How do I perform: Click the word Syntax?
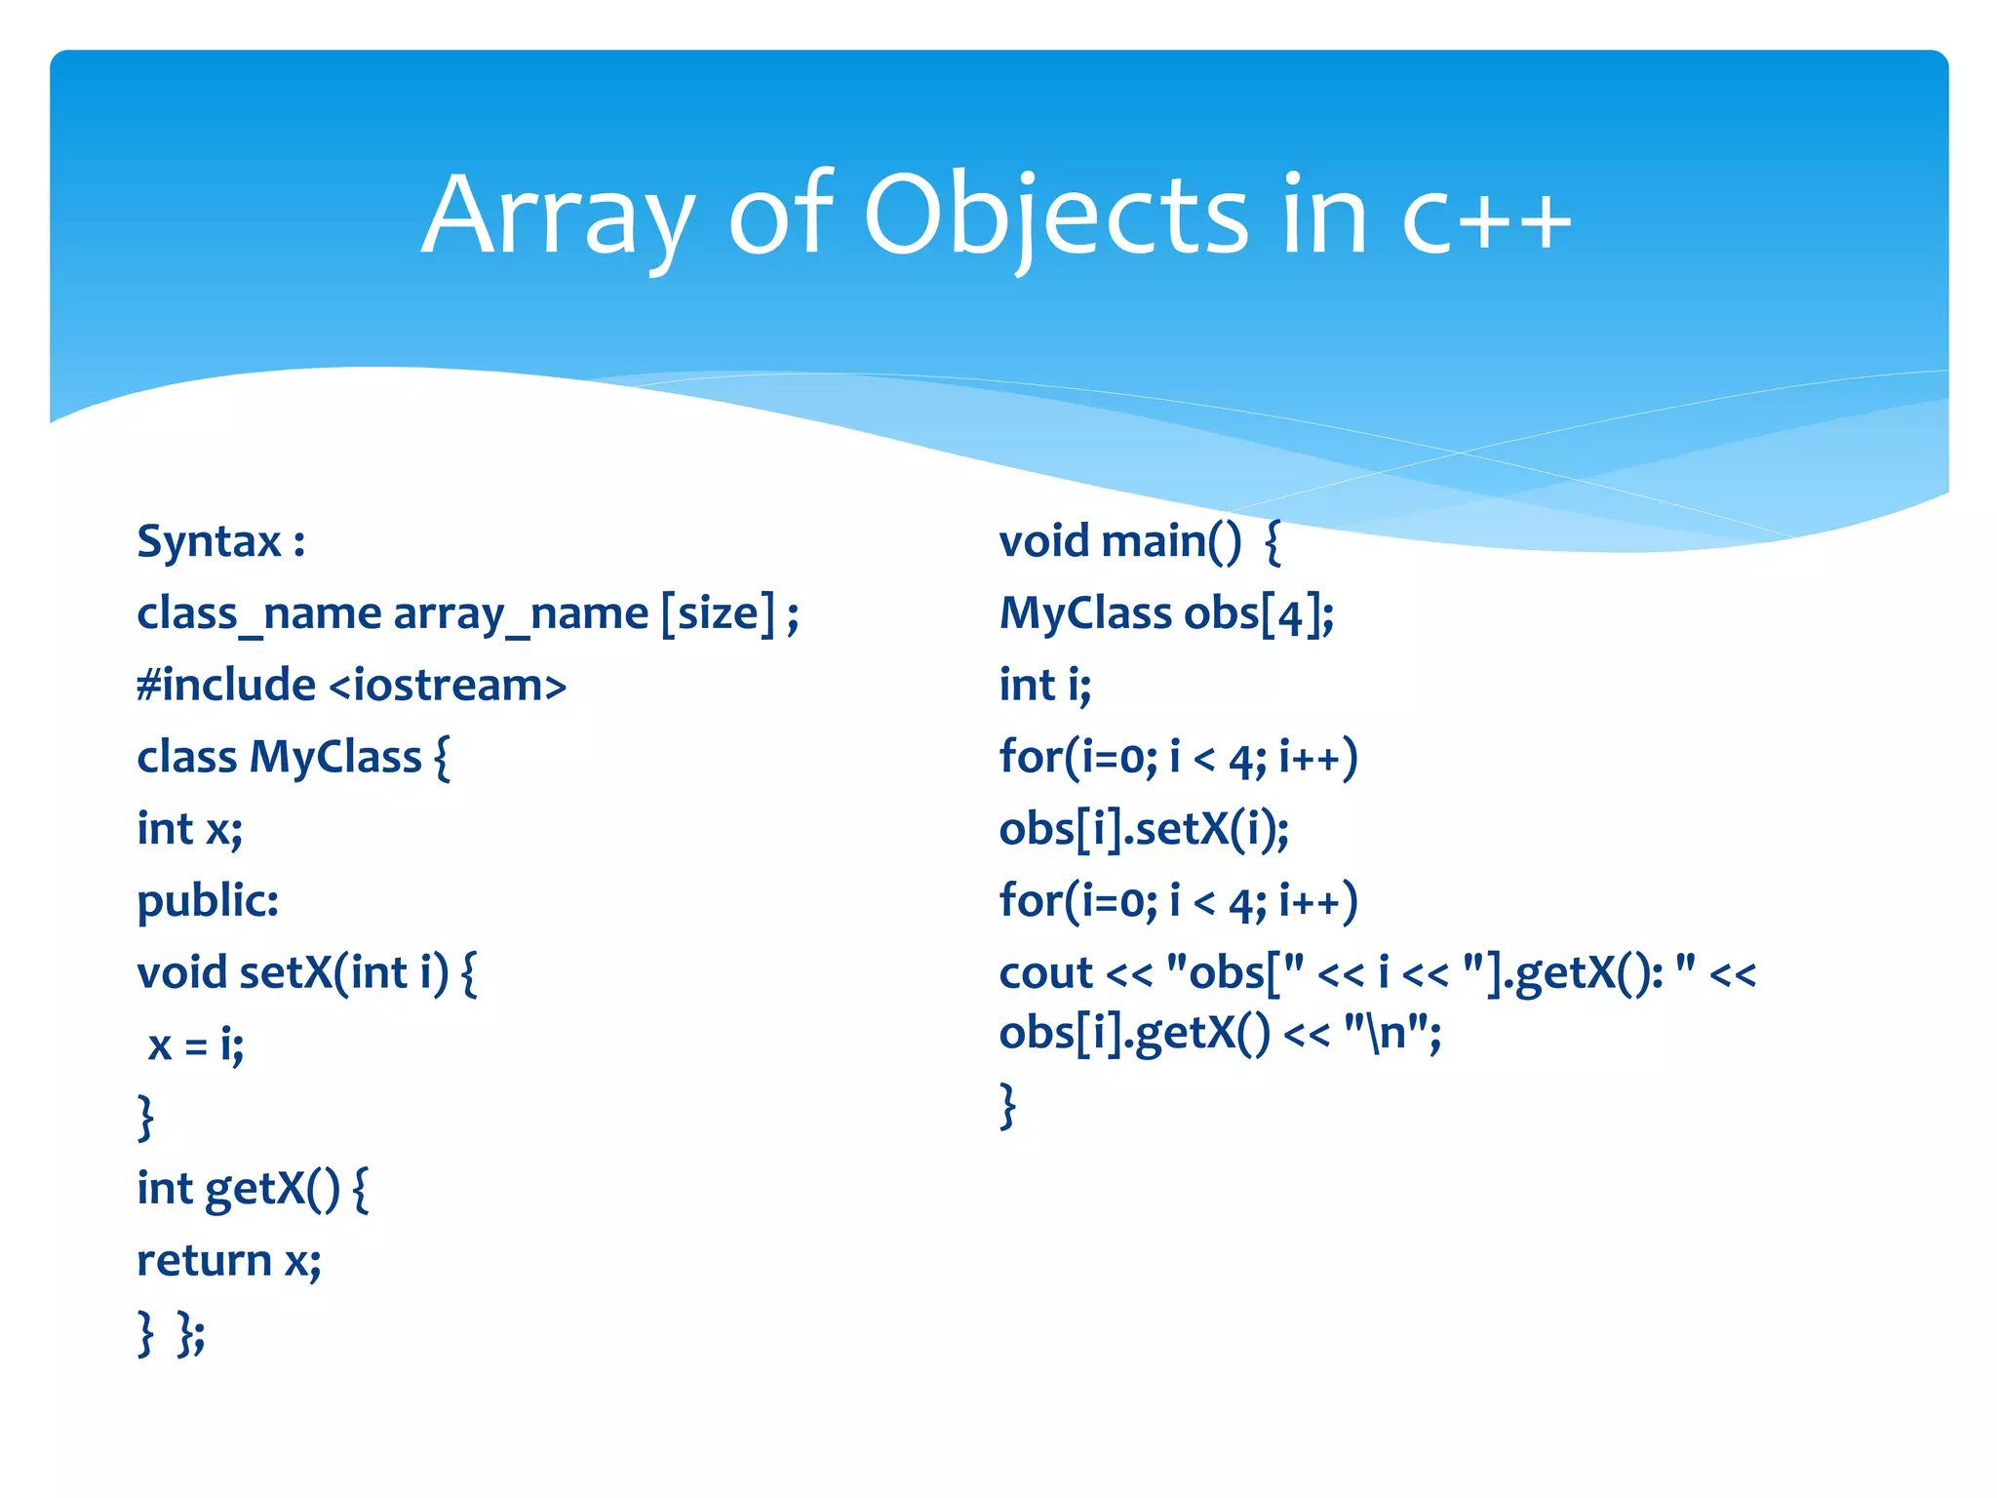click(209, 541)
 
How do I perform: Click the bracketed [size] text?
click(719, 614)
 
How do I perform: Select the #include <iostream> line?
click(351, 686)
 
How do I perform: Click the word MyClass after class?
click(335, 758)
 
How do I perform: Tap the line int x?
click(189, 830)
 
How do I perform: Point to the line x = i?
click(195, 1045)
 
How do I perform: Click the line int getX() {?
click(253, 1189)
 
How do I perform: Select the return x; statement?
click(229, 1261)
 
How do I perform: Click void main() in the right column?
click(1120, 541)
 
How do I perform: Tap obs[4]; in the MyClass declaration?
click(1259, 614)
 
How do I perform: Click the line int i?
click(1044, 686)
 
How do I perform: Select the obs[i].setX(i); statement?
click(1144, 830)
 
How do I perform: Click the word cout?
click(1045, 973)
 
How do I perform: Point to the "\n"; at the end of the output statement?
click(1391, 1033)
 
